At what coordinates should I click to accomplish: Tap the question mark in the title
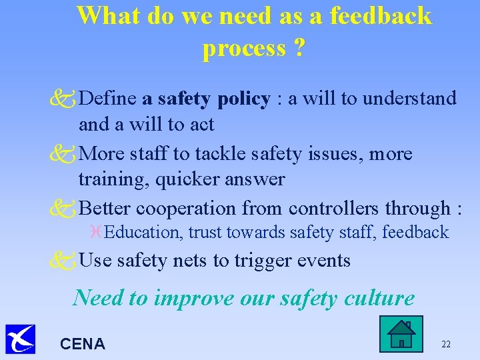[298, 48]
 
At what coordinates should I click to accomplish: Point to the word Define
[108, 99]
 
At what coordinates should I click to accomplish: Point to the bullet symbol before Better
[65, 209]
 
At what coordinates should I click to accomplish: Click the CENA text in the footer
[83, 344]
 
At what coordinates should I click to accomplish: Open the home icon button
[401, 334]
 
